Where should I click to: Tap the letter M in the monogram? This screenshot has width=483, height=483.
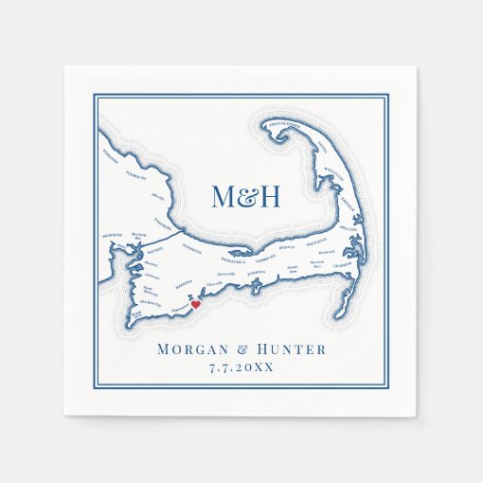pyautogui.click(x=224, y=197)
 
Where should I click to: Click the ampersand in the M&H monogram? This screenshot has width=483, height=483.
pyautogui.click(x=246, y=197)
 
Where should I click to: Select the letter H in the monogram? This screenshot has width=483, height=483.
pyautogui.click(x=269, y=197)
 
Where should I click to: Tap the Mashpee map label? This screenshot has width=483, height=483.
pyautogui.click(x=185, y=283)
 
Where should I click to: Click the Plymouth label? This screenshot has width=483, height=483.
pyautogui.click(x=136, y=175)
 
